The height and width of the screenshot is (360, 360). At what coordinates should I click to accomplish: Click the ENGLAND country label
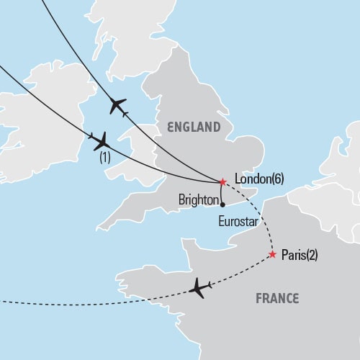(x=194, y=127)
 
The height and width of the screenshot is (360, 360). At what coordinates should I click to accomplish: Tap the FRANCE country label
(x=278, y=298)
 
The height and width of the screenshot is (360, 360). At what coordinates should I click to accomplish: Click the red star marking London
(x=222, y=181)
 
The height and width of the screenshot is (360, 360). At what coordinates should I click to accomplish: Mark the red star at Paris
(x=272, y=254)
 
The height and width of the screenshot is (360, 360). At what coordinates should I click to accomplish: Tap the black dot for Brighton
(x=222, y=204)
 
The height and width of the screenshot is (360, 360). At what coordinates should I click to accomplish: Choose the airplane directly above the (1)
(x=100, y=139)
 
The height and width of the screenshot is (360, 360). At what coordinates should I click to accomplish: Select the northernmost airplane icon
(x=117, y=107)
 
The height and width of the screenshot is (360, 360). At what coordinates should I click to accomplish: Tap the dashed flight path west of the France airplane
(x=108, y=300)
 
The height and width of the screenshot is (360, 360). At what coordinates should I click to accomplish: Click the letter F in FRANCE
(x=258, y=298)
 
